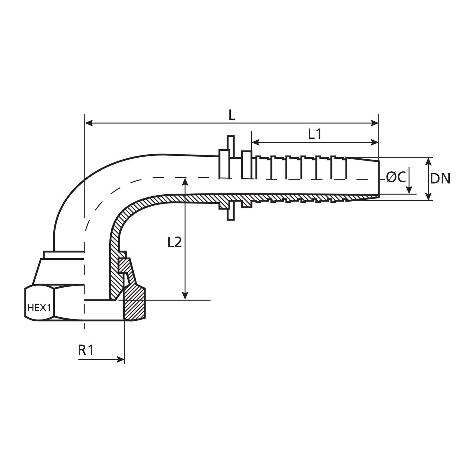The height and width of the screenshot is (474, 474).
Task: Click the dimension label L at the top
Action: pyautogui.click(x=232, y=115)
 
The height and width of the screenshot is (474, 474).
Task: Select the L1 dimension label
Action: pyautogui.click(x=315, y=134)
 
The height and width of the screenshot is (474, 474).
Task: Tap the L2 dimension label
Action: pyautogui.click(x=174, y=242)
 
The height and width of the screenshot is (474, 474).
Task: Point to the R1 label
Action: pyautogui.click(x=86, y=350)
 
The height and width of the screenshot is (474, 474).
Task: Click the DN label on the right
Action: pyautogui.click(x=440, y=179)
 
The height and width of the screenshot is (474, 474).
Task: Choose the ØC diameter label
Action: pyautogui.click(x=396, y=178)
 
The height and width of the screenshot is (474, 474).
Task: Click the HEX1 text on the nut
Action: pyautogui.click(x=39, y=307)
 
